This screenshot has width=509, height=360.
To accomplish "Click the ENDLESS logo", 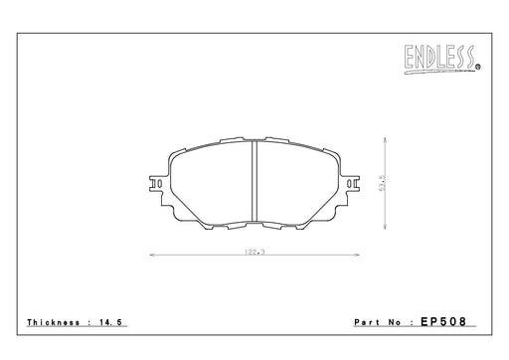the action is (440, 59).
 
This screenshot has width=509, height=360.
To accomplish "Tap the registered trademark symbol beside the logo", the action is (478, 68).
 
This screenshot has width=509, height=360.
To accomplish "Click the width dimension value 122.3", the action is (254, 252).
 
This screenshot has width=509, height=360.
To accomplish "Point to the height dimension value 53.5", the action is (383, 183).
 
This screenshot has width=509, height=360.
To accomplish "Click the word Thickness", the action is (54, 322).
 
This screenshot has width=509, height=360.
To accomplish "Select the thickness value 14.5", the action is (111, 322).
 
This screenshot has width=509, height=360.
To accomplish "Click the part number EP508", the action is (443, 321).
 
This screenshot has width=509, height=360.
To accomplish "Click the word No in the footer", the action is (395, 322).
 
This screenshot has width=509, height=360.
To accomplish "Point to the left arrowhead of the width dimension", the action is (152, 255).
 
